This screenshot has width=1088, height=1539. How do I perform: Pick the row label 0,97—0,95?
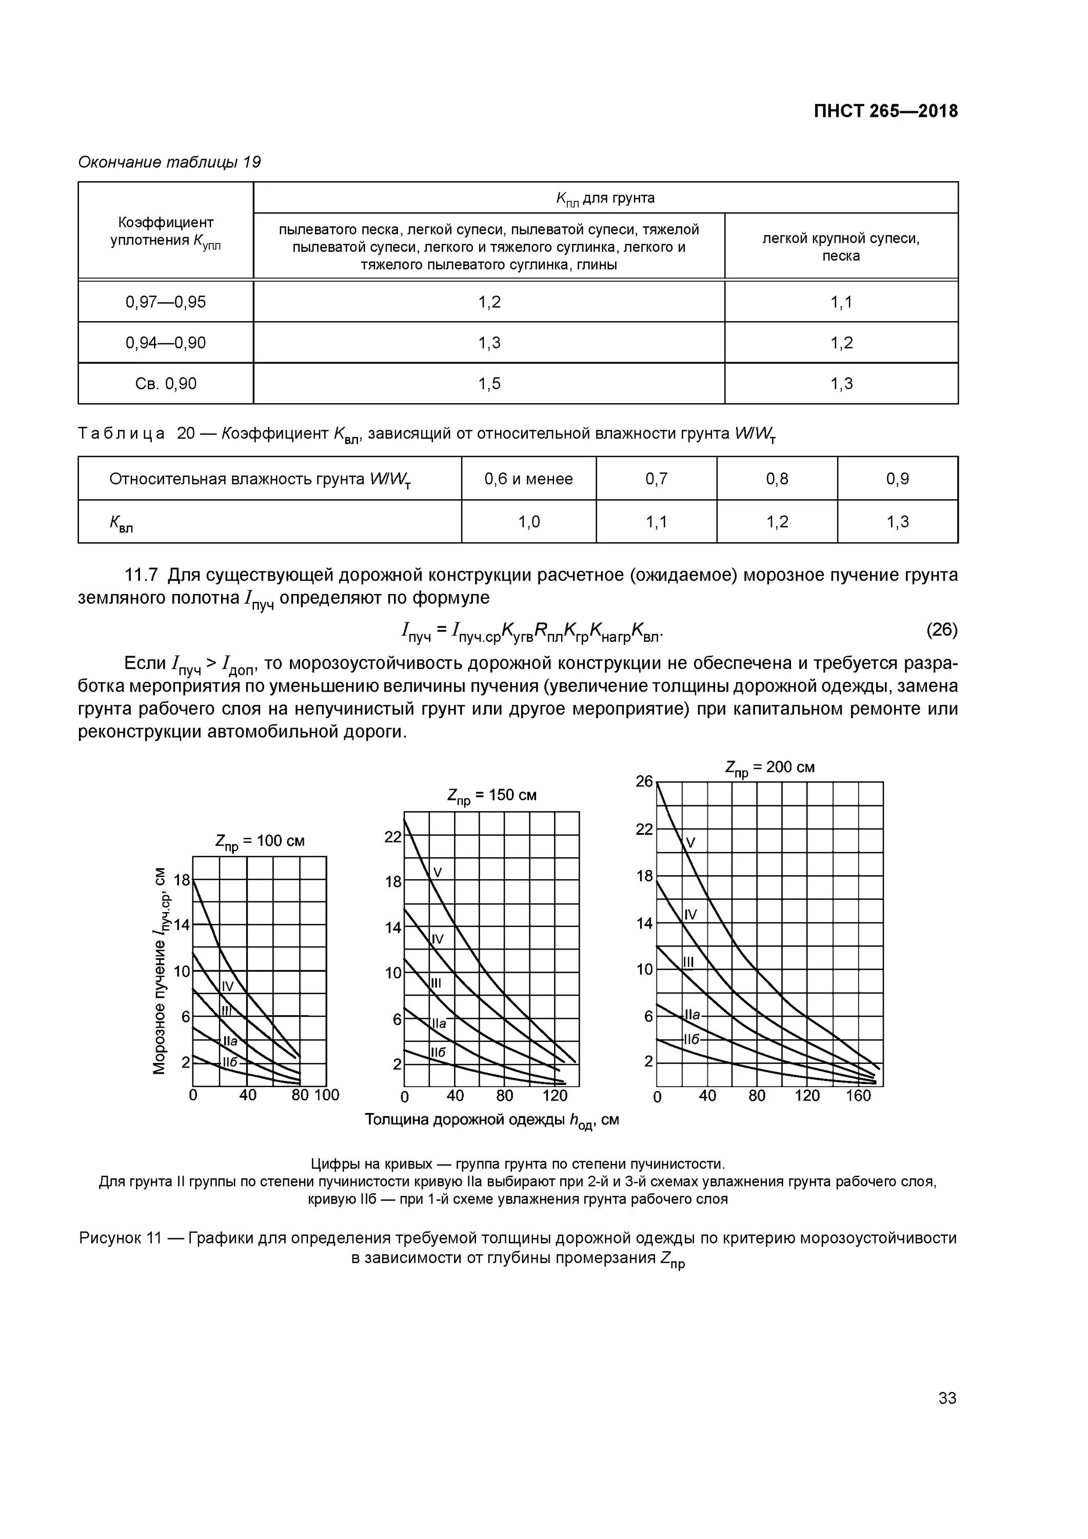click(166, 302)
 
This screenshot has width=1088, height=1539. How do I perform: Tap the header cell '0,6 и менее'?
click(528, 479)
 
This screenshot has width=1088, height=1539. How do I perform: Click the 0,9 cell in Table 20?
click(897, 479)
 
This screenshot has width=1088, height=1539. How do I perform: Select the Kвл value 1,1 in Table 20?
click(656, 522)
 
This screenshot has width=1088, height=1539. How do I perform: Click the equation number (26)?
click(941, 629)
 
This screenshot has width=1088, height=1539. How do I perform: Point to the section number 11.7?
click(141, 575)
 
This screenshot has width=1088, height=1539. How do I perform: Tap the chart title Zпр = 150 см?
click(491, 796)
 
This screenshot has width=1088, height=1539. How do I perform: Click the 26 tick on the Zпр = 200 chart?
click(644, 782)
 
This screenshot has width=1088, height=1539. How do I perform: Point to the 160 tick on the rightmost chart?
click(858, 1095)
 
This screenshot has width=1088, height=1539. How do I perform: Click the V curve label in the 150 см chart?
click(438, 872)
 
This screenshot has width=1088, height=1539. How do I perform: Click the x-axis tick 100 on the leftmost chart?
click(327, 1095)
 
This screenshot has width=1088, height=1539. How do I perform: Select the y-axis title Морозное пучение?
click(160, 972)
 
